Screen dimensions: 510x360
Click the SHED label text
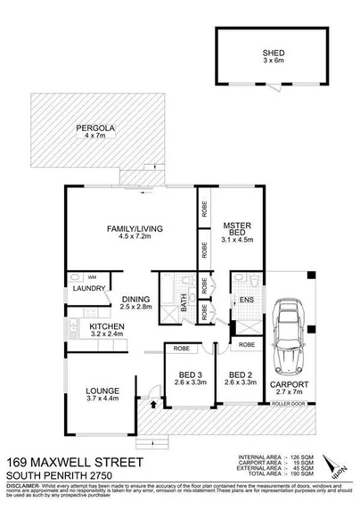(266, 52)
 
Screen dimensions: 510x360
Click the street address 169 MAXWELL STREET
(73, 463)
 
